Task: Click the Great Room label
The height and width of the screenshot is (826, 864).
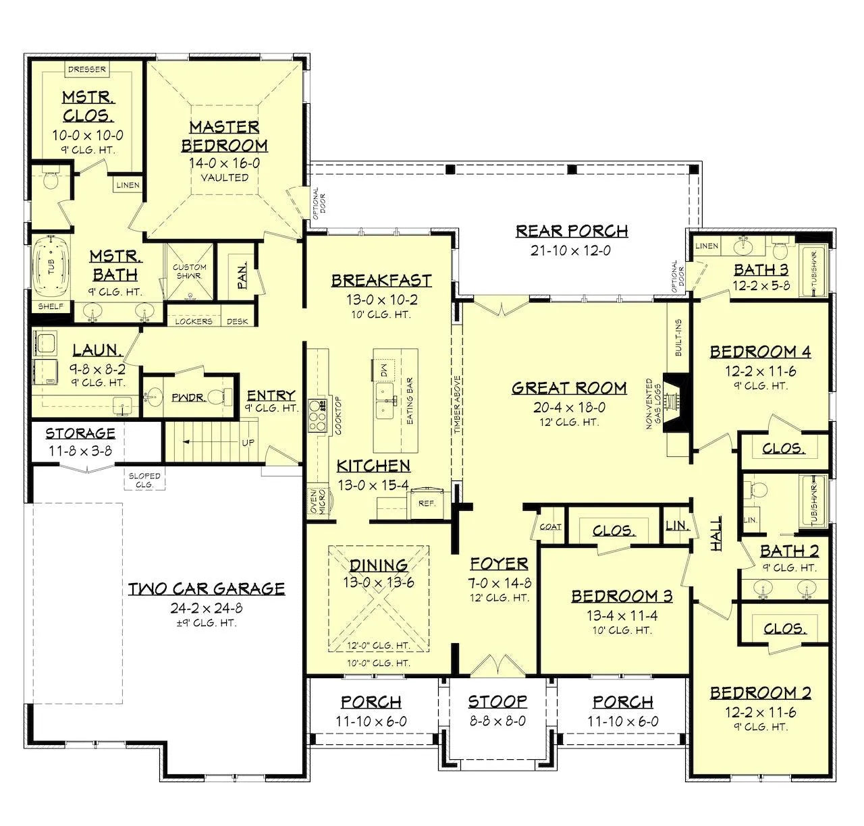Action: pos(569,388)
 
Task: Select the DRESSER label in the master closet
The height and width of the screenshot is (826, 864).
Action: pos(87,70)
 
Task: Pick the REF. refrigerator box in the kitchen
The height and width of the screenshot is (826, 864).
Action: pos(427,503)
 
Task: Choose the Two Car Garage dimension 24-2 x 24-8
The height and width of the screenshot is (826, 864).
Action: pos(207,607)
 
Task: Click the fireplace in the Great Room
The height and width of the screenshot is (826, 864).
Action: pos(676,403)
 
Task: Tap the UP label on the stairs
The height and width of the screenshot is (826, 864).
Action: pos(248,443)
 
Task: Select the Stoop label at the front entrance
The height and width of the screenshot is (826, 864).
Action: pos(497,701)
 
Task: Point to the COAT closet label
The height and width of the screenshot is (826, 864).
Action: pos(551,526)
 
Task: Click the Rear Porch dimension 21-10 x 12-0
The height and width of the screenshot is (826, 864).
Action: pos(570,250)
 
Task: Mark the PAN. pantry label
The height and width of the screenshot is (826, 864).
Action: pos(242,276)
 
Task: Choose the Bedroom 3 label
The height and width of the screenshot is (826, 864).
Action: pos(622,596)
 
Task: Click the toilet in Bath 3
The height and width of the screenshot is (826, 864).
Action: pos(780,250)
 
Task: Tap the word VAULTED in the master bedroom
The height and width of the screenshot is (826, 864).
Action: pos(225,177)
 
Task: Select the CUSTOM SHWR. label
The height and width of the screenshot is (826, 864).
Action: pos(190,271)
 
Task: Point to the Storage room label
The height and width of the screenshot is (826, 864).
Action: pos(80,433)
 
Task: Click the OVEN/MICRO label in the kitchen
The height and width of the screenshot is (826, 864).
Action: pos(318,501)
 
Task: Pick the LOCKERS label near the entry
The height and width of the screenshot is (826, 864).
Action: pos(194,321)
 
